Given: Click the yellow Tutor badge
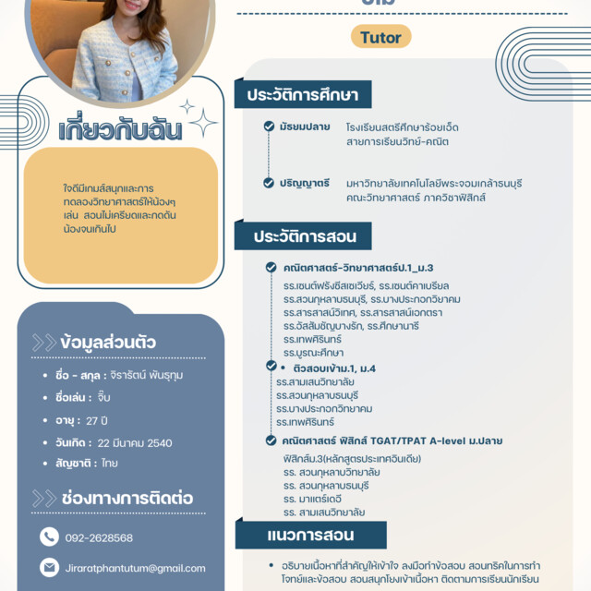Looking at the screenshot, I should [380, 38].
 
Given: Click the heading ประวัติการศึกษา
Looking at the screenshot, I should [302, 94].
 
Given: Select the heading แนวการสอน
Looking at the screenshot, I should [297, 535].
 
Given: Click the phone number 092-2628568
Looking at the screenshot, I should [99, 537].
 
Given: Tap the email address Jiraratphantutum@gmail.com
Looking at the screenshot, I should [136, 568].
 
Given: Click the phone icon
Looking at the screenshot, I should [49, 537].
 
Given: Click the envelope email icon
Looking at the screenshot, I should [49, 567].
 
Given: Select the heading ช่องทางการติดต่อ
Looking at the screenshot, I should [127, 498].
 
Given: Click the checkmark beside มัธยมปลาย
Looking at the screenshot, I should [269, 127].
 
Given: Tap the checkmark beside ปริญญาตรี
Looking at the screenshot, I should [269, 183].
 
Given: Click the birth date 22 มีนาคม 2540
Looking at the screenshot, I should [135, 442].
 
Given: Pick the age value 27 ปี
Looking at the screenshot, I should [98, 420].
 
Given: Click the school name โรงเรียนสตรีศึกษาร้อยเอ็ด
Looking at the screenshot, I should [402, 127].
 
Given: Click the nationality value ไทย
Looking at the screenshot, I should [110, 464].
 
